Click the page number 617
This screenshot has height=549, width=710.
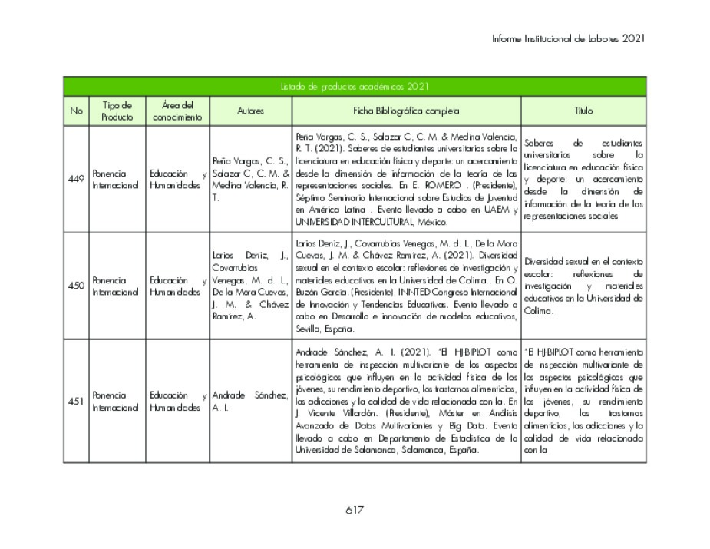[x=354, y=511]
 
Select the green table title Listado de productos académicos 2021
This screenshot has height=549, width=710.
[x=355, y=87]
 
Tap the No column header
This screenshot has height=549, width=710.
[x=76, y=111]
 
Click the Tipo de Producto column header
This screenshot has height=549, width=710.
[x=117, y=111]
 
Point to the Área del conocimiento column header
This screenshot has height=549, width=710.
[x=177, y=111]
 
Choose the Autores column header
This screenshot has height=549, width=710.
[x=250, y=111]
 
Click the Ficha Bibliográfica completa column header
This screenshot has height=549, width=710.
[x=406, y=111]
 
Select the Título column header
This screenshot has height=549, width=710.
[x=583, y=111]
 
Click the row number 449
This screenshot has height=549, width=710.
[x=76, y=179]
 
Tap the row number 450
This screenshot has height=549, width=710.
[x=76, y=286]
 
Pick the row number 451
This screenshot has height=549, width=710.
[x=76, y=401]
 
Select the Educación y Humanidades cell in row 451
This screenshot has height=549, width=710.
[x=177, y=401]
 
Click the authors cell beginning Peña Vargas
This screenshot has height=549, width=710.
[x=250, y=179]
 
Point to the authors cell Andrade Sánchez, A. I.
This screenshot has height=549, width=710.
[x=250, y=401]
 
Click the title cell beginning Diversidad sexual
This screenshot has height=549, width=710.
[x=583, y=286]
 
